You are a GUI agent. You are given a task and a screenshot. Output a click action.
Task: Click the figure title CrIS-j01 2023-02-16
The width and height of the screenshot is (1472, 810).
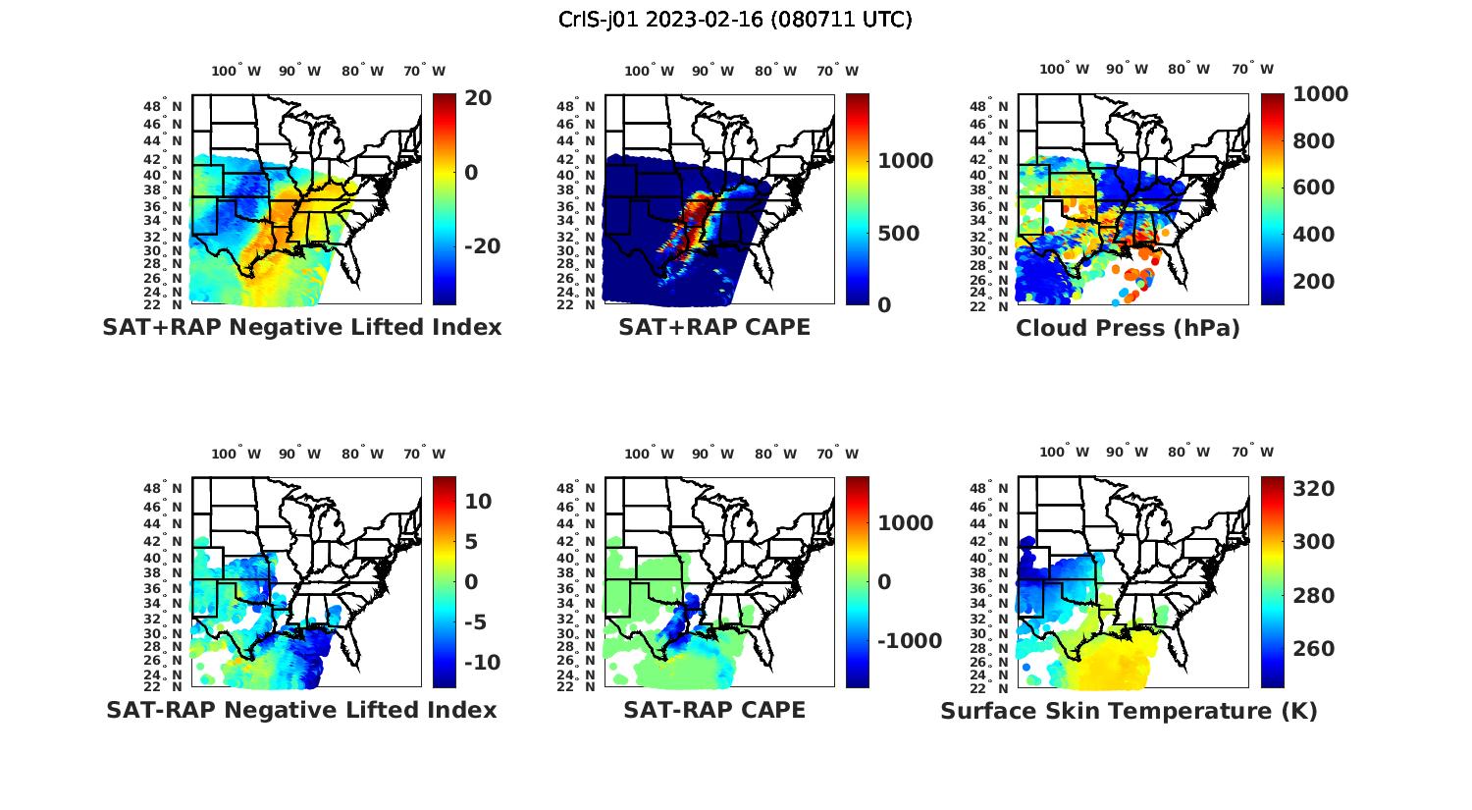pyautogui.click(x=735, y=20)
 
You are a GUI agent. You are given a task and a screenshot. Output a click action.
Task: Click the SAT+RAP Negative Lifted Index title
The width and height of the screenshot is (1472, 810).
pyautogui.click(x=301, y=327)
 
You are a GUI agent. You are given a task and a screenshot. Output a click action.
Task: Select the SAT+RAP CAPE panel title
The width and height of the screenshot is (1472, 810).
pyautogui.click(x=714, y=327)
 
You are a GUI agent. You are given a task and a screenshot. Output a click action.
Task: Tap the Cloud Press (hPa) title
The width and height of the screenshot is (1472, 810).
pyautogui.click(x=1128, y=328)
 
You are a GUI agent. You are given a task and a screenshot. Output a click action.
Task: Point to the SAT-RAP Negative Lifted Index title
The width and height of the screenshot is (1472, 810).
pyautogui.click(x=301, y=709)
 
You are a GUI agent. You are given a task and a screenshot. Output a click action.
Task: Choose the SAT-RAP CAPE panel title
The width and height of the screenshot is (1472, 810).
pyautogui.click(x=714, y=709)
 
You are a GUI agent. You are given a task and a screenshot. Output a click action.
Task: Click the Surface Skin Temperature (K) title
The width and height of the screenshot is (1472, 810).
pyautogui.click(x=1129, y=710)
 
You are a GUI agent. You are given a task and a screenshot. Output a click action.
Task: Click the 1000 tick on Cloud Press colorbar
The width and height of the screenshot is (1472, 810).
pyautogui.click(x=1320, y=94)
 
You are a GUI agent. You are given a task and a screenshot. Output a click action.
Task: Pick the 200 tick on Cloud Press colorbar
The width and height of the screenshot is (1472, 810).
pyautogui.click(x=1313, y=282)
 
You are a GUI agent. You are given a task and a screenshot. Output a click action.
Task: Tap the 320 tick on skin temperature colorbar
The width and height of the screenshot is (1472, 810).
pyautogui.click(x=1313, y=489)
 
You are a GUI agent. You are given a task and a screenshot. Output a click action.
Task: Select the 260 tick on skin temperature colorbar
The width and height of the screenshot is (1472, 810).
pyautogui.click(x=1313, y=649)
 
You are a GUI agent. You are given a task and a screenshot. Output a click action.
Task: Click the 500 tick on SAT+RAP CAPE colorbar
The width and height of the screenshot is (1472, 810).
pyautogui.click(x=898, y=234)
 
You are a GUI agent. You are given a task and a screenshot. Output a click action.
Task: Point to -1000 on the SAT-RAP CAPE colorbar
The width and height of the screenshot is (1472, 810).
pyautogui.click(x=909, y=641)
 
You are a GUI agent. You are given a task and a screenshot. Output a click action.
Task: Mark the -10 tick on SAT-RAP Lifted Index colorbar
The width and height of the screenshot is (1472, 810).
pyautogui.click(x=482, y=663)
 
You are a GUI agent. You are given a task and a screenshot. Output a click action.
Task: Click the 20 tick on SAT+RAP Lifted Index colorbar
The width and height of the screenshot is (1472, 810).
pyautogui.click(x=479, y=98)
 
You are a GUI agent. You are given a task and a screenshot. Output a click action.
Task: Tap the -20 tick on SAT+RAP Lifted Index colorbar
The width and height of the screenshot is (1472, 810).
pyautogui.click(x=482, y=246)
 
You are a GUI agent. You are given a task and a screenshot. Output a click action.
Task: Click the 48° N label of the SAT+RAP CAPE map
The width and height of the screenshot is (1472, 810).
pyautogui.click(x=576, y=106)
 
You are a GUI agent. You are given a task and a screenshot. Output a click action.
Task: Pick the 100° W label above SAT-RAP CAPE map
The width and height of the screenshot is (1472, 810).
pyautogui.click(x=650, y=454)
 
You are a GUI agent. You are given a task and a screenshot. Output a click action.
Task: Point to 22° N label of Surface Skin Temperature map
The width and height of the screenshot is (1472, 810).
pyautogui.click(x=989, y=687)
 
